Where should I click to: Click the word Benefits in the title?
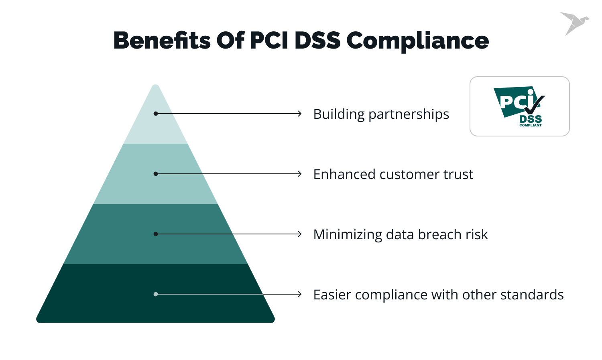coord(162,41)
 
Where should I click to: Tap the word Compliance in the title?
coord(417,41)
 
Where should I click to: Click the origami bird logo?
coord(574,23)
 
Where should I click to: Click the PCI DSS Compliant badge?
coord(520,106)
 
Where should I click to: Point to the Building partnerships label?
coord(381,114)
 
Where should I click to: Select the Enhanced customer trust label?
coord(393,174)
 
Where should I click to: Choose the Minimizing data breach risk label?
coord(400,234)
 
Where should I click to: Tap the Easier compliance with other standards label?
coord(438,295)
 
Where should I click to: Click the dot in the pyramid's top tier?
coord(156,114)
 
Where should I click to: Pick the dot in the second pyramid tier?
coord(156,174)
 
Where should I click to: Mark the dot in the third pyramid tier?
coord(156,234)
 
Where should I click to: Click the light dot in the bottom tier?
coord(156,294)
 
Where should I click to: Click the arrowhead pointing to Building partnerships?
coord(299,114)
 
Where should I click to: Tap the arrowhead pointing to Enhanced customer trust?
coord(299,174)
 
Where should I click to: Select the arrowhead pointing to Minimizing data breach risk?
coord(299,234)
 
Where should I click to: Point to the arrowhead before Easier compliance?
coord(299,294)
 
